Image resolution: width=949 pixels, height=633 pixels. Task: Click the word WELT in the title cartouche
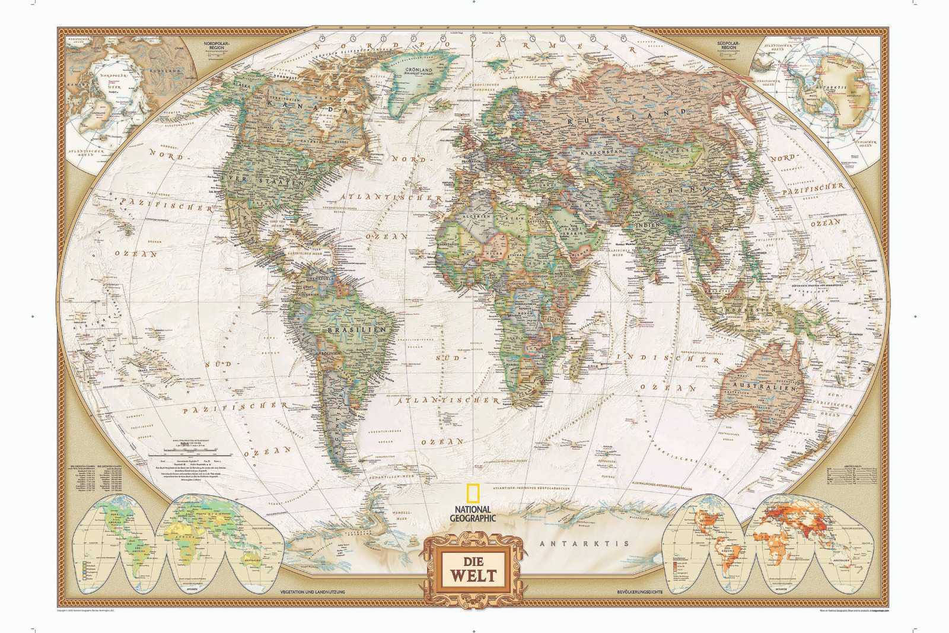click(x=473, y=575)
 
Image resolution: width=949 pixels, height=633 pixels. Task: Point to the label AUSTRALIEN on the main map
click(x=766, y=387)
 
